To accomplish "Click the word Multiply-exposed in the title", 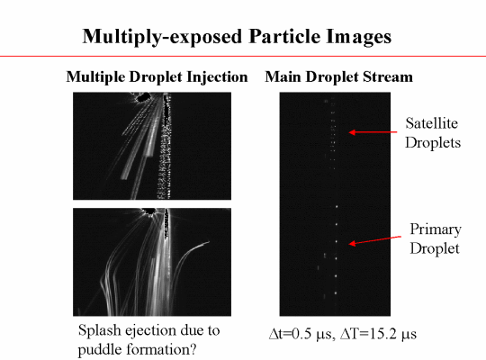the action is (162, 37).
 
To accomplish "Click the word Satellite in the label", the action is (432, 123).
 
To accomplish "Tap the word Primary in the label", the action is (436, 230).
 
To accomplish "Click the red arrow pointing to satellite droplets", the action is (373, 132).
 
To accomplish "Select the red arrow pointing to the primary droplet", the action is (374, 240).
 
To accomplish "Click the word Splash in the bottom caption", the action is (100, 330).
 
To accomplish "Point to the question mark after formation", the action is (193, 349).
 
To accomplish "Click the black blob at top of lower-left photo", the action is (150, 211).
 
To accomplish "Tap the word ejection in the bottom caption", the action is (149, 331).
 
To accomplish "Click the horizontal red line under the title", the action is (243, 56).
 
